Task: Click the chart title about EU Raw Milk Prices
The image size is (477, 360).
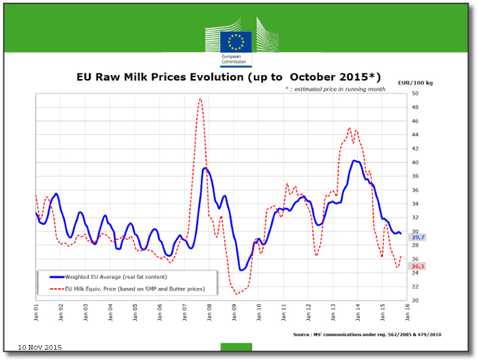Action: [x=228, y=77]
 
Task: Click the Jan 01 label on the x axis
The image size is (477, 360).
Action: [x=36, y=312]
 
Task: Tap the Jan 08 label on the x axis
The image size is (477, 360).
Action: [x=210, y=312]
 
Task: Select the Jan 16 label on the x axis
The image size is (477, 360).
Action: [x=407, y=312]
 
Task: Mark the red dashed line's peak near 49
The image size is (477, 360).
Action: [x=200, y=100]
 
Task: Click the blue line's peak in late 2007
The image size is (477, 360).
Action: [x=205, y=168]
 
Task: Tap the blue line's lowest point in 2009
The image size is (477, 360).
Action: [x=241, y=269]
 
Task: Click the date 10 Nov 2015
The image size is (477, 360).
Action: [x=40, y=348]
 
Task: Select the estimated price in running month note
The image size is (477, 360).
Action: [x=335, y=89]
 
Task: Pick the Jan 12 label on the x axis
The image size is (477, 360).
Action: [x=309, y=312]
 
